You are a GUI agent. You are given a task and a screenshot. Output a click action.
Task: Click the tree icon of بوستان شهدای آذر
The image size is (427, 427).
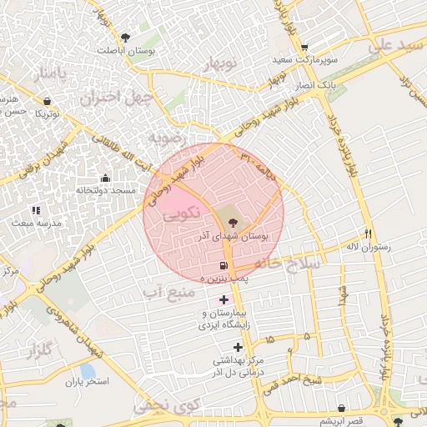point(232,222)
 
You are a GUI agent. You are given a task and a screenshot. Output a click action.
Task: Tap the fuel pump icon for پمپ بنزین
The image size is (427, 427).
point(222,265)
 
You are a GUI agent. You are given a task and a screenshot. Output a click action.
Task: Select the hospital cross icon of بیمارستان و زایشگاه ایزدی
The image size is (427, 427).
point(223,299)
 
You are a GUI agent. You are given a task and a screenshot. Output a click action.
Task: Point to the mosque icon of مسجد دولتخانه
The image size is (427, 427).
point(105,178)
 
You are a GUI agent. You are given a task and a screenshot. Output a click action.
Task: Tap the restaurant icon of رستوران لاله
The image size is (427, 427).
point(369,234)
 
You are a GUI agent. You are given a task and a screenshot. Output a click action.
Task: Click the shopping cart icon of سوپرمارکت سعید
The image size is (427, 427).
point(305,48)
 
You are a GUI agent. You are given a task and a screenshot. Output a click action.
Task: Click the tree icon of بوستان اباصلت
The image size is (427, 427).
point(125,38)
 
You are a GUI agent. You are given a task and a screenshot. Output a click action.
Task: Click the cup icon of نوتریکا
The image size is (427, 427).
point(48,101)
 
